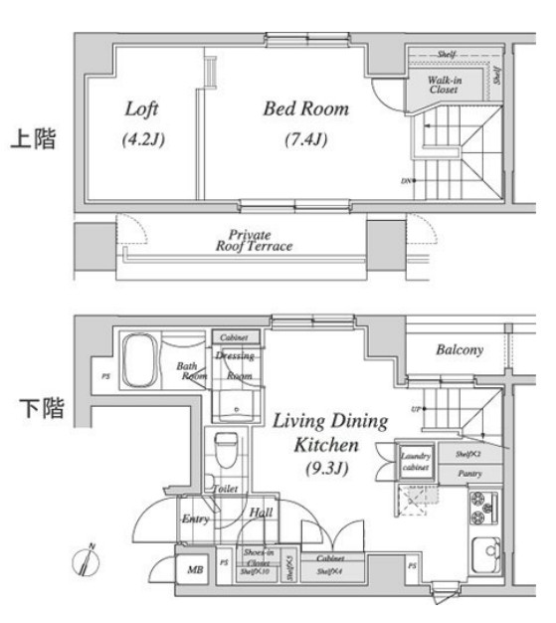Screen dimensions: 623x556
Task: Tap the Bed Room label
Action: tap(305, 108)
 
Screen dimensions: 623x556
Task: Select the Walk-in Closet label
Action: tap(443, 84)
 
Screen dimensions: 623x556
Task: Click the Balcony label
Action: tap(459, 350)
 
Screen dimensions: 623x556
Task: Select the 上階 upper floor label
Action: tap(32, 139)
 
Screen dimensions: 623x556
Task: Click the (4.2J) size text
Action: tap(142, 139)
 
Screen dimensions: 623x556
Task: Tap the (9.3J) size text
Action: tap(319, 464)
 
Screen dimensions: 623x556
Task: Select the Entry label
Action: tap(194, 519)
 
